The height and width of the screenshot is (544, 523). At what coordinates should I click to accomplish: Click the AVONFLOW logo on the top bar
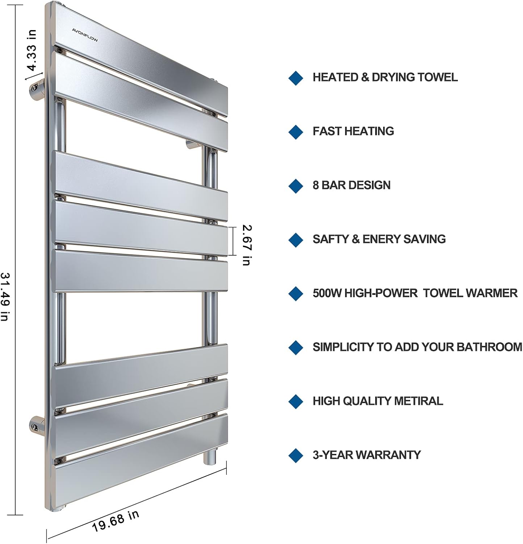85,35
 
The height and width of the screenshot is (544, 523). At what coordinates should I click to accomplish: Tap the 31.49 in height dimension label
5,297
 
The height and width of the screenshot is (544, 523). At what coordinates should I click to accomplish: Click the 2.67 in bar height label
247,245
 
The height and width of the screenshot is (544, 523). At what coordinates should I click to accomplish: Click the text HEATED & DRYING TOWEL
385,77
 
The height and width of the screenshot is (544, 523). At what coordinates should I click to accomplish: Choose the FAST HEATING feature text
353,131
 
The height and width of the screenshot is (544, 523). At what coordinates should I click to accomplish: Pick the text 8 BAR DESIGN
351,185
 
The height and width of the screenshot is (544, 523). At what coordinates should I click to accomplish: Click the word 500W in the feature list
327,293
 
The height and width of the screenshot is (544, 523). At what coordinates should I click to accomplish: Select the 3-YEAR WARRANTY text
367,455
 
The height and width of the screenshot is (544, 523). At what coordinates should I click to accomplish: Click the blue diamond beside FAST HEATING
296,132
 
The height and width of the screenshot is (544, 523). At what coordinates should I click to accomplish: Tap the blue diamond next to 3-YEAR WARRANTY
296,456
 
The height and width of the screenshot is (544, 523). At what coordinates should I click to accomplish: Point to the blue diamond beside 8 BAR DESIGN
296,186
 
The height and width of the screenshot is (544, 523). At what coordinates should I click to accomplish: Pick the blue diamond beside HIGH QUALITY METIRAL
296,401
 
